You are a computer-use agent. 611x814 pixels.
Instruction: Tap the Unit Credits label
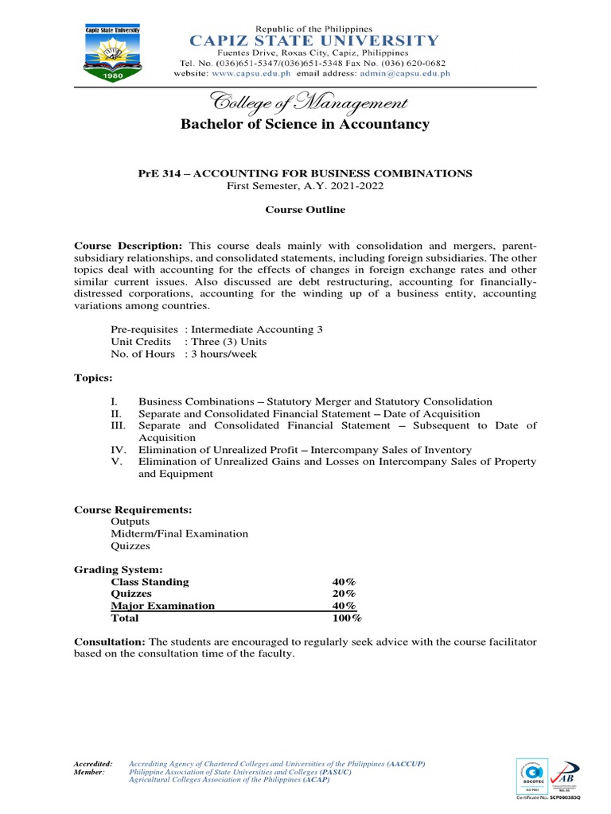point(142,342)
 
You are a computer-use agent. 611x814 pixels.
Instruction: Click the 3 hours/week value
point(224,354)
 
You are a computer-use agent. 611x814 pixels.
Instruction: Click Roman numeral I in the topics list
point(115,402)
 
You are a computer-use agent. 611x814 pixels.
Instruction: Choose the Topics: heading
point(93,378)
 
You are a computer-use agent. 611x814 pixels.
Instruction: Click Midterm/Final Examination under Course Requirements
point(179,534)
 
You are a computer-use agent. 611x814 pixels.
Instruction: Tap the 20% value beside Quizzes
point(344,594)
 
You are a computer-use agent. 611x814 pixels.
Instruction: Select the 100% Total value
point(346,618)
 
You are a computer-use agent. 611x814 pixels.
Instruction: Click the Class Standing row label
point(150,582)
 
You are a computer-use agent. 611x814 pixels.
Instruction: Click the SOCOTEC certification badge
point(531,777)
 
